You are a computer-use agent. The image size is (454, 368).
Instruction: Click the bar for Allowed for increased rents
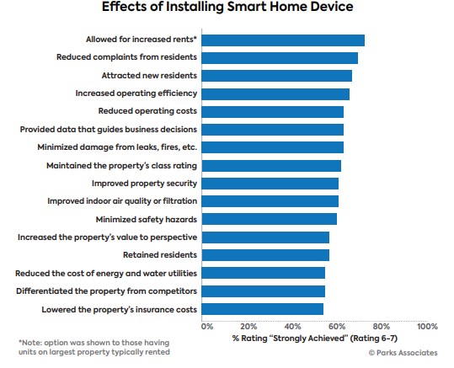click(x=283, y=40)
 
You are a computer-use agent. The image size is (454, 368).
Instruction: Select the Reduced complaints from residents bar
click(x=280, y=58)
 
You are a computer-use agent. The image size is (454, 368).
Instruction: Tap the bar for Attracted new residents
click(x=277, y=76)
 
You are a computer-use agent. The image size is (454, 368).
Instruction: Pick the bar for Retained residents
click(x=265, y=255)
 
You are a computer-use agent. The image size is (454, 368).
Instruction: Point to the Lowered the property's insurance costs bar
click(x=263, y=309)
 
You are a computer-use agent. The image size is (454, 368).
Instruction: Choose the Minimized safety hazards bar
click(x=270, y=219)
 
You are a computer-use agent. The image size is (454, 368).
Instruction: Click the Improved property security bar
click(x=270, y=184)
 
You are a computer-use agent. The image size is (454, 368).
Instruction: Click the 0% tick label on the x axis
click(x=207, y=327)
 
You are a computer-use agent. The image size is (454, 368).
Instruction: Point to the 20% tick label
click(x=248, y=327)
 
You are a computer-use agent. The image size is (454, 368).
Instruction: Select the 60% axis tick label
click(x=337, y=327)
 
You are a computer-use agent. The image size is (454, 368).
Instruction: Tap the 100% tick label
click(x=427, y=327)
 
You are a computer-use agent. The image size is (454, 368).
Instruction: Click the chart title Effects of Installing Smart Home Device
click(x=227, y=7)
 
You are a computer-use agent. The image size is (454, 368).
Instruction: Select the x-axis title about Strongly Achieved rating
click(x=315, y=339)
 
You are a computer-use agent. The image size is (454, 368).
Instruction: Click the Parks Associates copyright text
click(x=403, y=353)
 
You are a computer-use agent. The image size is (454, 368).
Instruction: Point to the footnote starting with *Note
click(x=94, y=347)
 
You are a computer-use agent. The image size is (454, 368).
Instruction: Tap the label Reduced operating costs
click(x=147, y=111)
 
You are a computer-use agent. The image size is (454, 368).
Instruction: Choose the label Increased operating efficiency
click(x=136, y=93)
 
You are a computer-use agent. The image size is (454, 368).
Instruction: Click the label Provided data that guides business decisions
click(x=109, y=129)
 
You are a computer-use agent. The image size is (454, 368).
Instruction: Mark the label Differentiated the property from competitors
click(x=106, y=291)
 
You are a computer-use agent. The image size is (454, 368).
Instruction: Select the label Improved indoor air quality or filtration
click(x=122, y=201)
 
